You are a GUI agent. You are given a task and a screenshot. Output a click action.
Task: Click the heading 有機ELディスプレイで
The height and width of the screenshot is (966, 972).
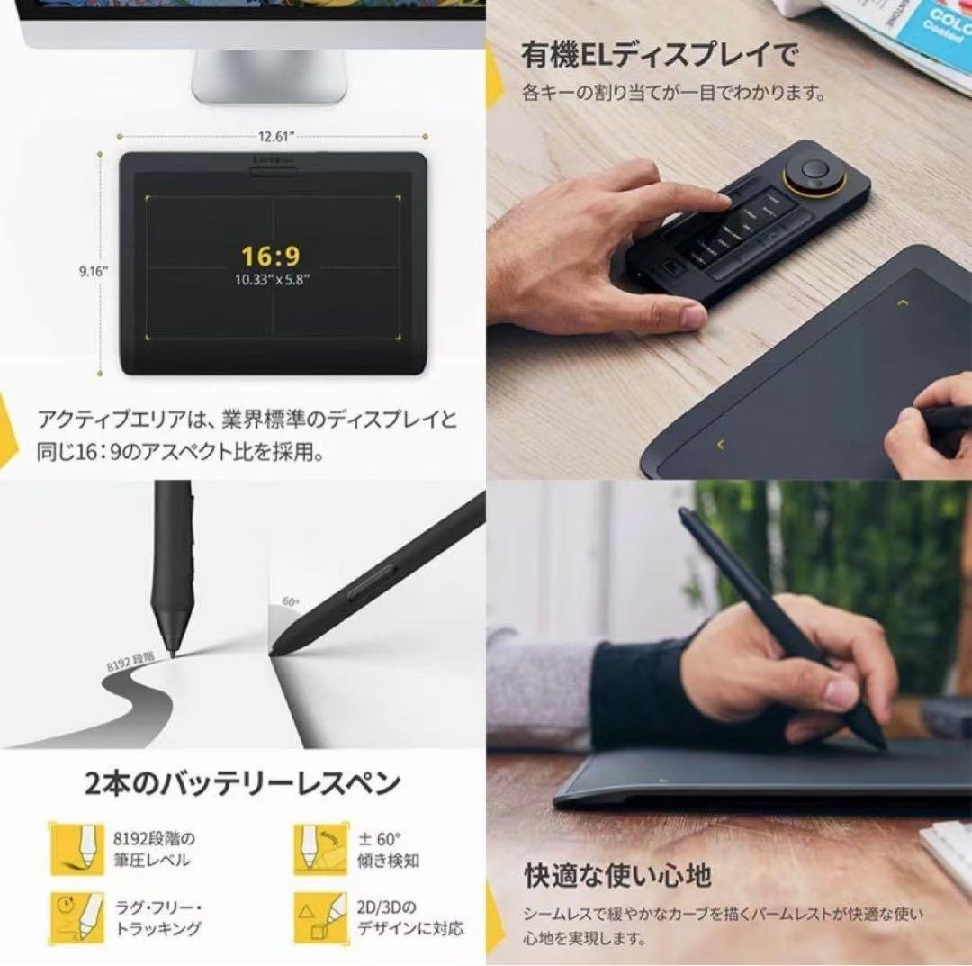[660, 55]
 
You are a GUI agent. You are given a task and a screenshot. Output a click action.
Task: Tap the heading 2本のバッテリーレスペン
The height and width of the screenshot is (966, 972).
[242, 783]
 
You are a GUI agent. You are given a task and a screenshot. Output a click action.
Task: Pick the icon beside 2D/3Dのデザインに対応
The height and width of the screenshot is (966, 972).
[319, 916]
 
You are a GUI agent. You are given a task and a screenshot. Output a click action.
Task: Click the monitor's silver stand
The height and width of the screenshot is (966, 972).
[270, 76]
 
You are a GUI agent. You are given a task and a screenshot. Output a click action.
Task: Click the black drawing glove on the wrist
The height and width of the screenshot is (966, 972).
[639, 693]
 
